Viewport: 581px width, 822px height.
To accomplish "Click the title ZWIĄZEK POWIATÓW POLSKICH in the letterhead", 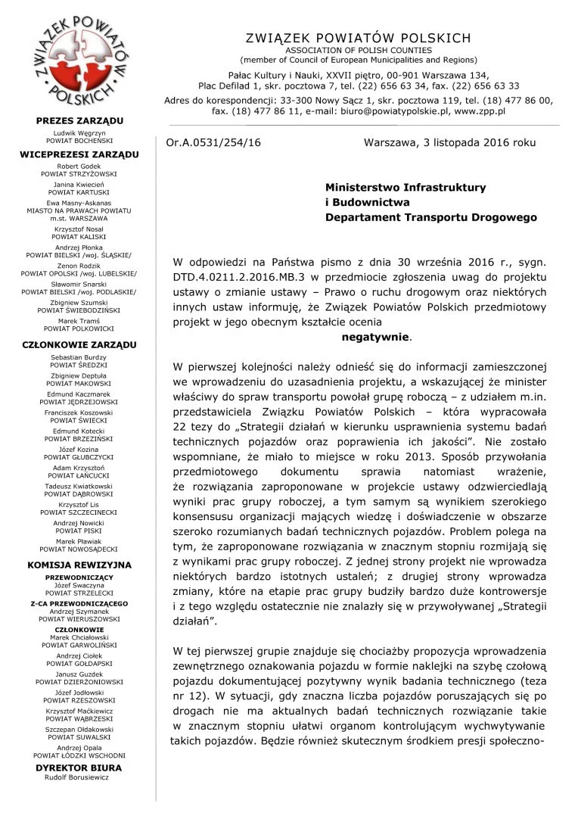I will point(358,38).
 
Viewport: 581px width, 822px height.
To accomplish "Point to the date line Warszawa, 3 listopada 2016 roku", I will point(449,142).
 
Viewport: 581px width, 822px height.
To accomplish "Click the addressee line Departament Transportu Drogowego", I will point(430,217).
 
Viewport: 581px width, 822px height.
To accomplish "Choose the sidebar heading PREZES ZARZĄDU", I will point(79,121).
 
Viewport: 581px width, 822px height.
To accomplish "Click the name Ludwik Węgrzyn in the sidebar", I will point(79,132).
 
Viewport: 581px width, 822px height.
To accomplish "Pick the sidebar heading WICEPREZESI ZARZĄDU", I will point(79,154).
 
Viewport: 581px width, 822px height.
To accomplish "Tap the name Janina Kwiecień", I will point(79,185).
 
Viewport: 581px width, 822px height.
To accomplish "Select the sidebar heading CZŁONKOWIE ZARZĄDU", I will point(79,344).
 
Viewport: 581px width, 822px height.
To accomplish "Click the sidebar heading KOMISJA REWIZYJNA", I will point(79,565).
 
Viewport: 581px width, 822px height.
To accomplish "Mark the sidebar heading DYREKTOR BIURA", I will point(79,768).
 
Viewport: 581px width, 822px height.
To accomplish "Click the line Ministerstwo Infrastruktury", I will point(405,187).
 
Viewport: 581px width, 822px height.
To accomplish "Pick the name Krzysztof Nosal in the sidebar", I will point(79,228).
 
